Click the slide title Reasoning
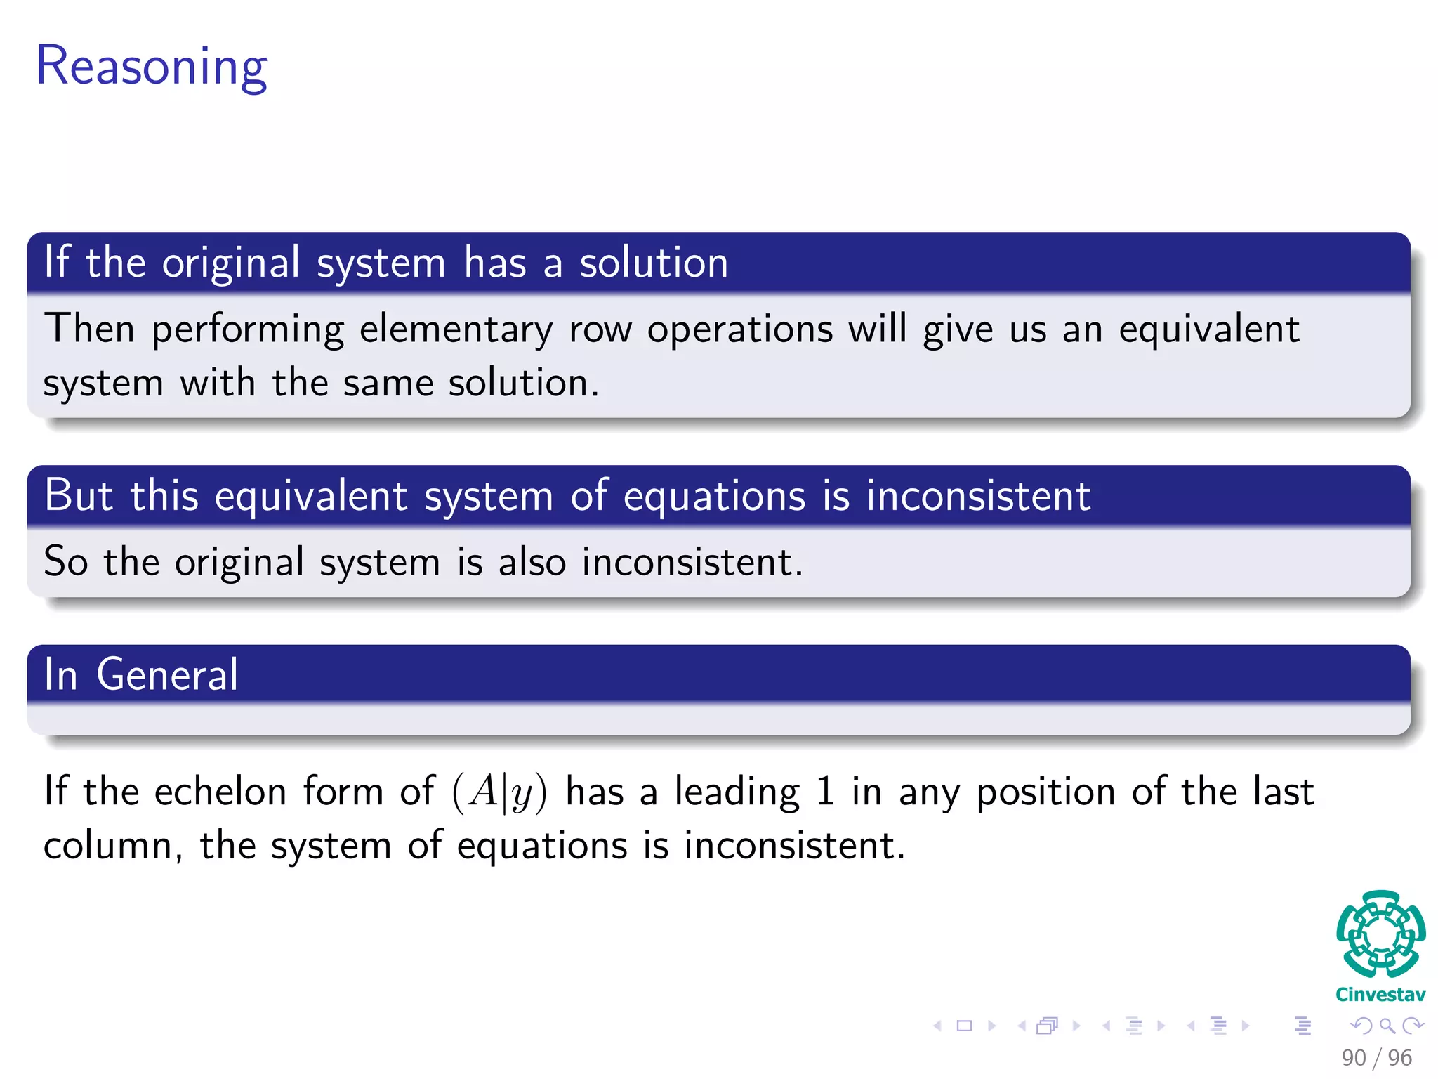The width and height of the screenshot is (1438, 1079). tap(151, 67)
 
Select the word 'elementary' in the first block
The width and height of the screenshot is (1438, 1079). tap(456, 329)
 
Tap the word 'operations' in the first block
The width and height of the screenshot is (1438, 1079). tap(739, 330)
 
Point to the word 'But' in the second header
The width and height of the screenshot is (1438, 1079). tap(78, 495)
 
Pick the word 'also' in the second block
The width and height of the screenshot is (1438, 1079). tap(532, 562)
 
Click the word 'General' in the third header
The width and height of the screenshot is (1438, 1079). tap(167, 674)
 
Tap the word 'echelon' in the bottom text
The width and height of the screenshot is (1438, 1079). tap(220, 792)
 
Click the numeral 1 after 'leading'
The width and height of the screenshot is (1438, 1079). tap(825, 792)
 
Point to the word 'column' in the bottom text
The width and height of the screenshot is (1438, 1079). tap(107, 846)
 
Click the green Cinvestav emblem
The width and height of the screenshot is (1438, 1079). tap(1380, 934)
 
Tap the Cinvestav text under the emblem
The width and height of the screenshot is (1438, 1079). tap(1380, 995)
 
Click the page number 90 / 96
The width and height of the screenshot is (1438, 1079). tap(1376, 1057)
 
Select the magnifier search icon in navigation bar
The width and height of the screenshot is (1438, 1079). tap(1387, 1026)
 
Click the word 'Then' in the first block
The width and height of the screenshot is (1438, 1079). tap(89, 329)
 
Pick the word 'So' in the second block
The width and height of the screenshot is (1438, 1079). tap(65, 562)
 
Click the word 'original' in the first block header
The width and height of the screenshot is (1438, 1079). tap(231, 263)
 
